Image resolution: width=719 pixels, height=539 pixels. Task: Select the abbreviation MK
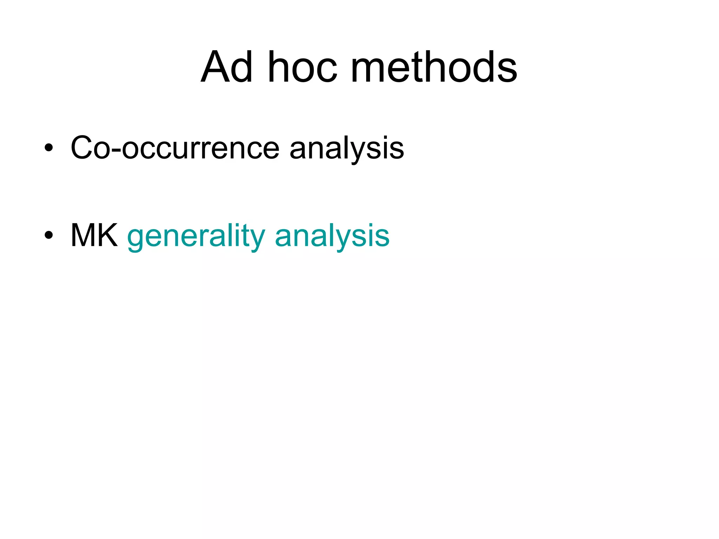[x=94, y=235]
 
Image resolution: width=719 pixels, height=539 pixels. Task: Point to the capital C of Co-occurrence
[x=83, y=147]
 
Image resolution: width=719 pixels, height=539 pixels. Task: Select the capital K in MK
[x=107, y=235]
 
